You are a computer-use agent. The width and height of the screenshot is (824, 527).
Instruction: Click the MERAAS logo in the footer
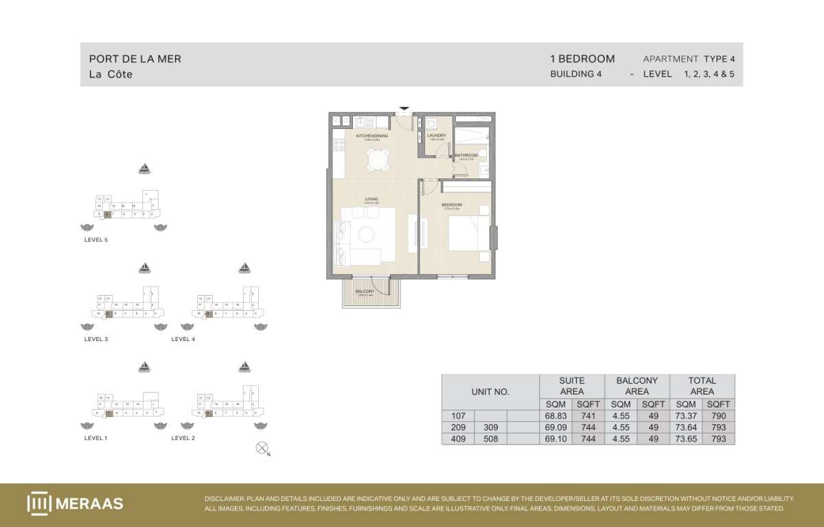(75, 503)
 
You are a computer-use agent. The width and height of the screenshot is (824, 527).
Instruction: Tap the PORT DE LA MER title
(135, 59)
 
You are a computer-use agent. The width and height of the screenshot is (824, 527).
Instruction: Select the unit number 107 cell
(459, 416)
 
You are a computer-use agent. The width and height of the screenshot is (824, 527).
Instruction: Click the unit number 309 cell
(491, 428)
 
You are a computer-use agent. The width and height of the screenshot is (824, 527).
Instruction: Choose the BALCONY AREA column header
(637, 386)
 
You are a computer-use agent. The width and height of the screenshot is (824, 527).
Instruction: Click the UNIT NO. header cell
(490, 392)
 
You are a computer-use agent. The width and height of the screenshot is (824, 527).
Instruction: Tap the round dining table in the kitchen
(376, 160)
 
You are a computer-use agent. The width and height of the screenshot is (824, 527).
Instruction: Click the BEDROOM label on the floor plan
(452, 205)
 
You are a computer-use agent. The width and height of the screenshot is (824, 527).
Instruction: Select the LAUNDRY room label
(437, 136)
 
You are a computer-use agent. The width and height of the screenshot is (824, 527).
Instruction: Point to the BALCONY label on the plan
(365, 292)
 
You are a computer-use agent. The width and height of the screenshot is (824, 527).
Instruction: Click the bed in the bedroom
(468, 233)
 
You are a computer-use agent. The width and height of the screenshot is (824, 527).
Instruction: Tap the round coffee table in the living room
(366, 235)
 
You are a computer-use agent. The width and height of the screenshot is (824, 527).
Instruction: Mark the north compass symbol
(261, 449)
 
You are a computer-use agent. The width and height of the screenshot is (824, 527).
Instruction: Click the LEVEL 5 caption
(96, 240)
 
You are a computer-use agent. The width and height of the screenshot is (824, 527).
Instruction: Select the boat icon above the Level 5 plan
(145, 168)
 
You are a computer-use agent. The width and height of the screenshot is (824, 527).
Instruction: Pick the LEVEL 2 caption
(183, 438)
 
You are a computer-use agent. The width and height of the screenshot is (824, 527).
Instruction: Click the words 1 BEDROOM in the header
(582, 59)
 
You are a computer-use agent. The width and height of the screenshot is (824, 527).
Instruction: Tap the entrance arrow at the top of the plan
(404, 108)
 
